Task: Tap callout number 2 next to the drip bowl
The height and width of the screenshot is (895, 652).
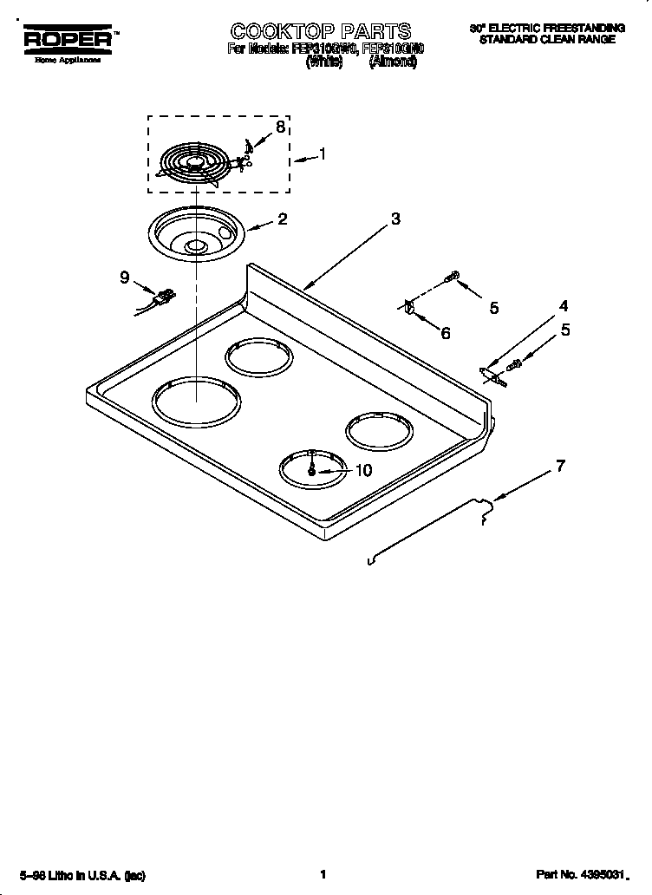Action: [283, 219]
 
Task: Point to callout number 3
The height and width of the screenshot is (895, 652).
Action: [395, 219]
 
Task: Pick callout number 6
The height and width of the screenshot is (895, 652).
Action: [446, 333]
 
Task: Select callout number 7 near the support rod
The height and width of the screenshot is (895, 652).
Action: [560, 466]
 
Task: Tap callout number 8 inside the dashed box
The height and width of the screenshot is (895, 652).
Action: [279, 127]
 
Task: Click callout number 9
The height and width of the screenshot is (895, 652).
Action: [125, 278]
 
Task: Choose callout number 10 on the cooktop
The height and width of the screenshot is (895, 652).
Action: [363, 470]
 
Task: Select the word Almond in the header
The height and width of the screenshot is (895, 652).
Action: [392, 63]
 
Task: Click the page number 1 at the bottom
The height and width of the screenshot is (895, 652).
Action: [322, 875]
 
